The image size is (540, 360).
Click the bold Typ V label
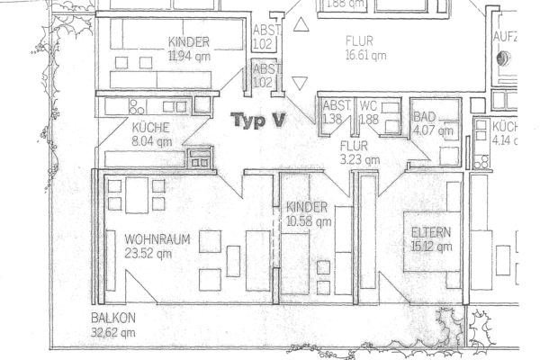(258, 119)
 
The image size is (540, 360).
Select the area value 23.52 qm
(148, 254)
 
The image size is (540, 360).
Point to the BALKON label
(113, 319)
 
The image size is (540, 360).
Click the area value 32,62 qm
(113, 331)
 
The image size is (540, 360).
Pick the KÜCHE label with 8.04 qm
(150, 127)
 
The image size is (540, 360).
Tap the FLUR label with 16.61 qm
(365, 40)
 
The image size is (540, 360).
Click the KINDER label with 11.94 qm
(189, 41)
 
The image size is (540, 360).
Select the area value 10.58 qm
(308, 220)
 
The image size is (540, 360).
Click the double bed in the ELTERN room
(430, 241)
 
